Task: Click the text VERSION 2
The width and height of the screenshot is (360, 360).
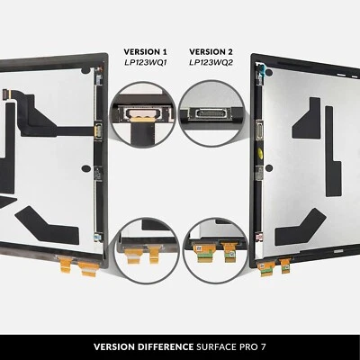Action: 211,52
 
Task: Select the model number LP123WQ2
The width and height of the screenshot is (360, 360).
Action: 211,66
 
